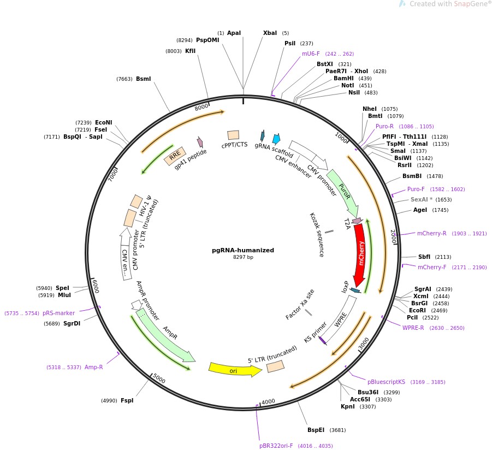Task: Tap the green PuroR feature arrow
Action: pos(345,191)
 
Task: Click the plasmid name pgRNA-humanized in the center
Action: pos(243,250)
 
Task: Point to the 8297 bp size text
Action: pos(243,257)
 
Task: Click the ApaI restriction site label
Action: pos(234,33)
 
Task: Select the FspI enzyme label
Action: pos(127,400)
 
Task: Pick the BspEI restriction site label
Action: pos(316,430)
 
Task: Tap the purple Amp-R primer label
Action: pos(93,367)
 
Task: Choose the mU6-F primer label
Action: pos(311,54)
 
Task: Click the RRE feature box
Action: pos(175,156)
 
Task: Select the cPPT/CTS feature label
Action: pos(234,145)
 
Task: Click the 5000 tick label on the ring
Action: pos(159,379)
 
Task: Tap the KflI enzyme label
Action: pos(190,51)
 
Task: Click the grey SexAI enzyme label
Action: pos(421,200)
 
